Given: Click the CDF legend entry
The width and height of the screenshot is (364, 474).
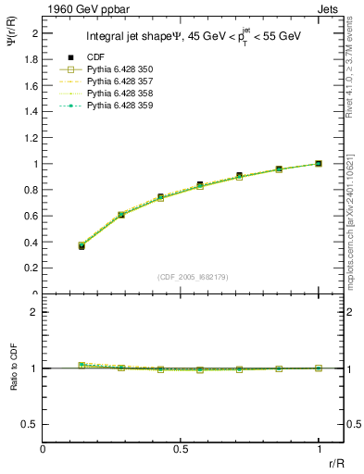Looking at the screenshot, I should point(94,57).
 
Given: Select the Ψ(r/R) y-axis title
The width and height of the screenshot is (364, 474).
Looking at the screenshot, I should point(13,42).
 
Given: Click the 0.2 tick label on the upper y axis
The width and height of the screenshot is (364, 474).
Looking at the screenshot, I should point(32,268).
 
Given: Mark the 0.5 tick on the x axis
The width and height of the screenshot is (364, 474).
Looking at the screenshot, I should point(181,448).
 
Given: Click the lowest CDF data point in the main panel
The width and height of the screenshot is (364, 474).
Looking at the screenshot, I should point(82,246).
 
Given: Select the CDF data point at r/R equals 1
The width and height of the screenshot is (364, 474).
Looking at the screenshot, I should point(319,164).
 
